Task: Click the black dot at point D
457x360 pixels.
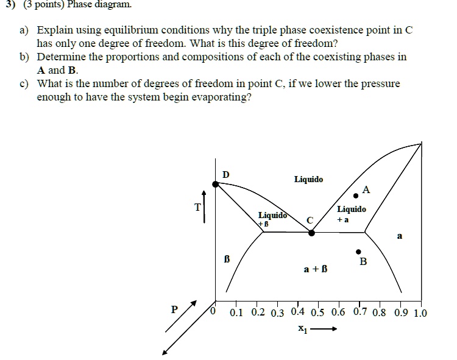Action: tap(215, 183)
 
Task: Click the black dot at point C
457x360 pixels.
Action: tap(311, 232)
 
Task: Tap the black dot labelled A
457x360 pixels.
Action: tap(356, 196)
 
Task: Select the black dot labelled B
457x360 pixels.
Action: tap(358, 251)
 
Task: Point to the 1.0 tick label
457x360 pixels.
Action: tap(420, 314)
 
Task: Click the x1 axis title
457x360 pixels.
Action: tap(302, 330)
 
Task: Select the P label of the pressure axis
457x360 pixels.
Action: tap(174, 309)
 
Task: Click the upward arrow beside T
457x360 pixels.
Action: tap(205, 206)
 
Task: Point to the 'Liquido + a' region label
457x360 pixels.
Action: tap(352, 214)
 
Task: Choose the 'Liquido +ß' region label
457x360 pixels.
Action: tap(272, 219)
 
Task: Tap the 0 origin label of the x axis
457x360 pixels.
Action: tap(213, 312)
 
